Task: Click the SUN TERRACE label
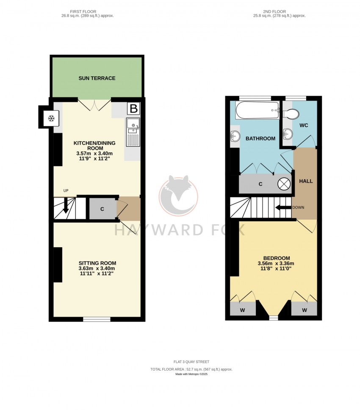coord(97,78)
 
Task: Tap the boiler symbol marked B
coord(133,109)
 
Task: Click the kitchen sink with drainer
coord(133,132)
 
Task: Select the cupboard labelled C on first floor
coord(102,209)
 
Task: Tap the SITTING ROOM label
coord(97,263)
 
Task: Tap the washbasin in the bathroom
coord(234,137)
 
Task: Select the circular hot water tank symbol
coord(284,184)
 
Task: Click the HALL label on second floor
coord(306,181)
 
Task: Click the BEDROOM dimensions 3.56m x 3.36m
coord(276,263)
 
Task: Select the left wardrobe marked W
coord(242,310)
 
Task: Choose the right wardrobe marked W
coord(304,310)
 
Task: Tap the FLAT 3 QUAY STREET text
coord(191,362)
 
